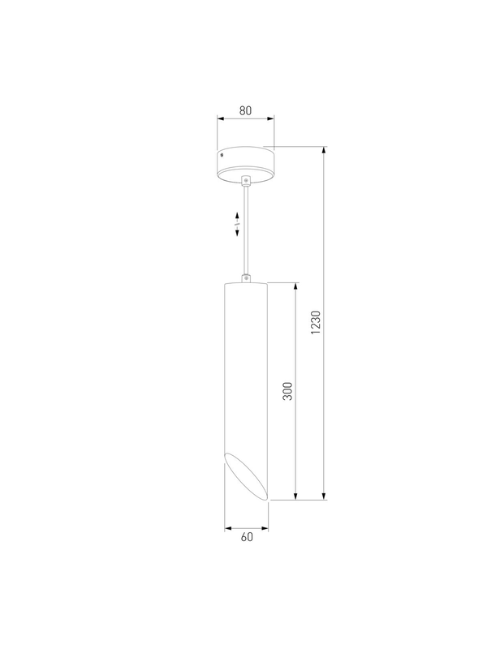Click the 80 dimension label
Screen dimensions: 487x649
245,110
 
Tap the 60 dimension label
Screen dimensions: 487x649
247,537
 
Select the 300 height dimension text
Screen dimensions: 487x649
287,391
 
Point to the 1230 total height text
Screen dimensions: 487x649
316,322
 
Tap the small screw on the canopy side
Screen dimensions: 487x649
222,156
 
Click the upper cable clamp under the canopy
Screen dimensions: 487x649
246,180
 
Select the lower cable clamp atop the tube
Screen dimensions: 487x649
246,278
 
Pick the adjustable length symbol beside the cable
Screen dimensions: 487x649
237,225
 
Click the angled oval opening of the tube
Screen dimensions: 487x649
246,475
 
